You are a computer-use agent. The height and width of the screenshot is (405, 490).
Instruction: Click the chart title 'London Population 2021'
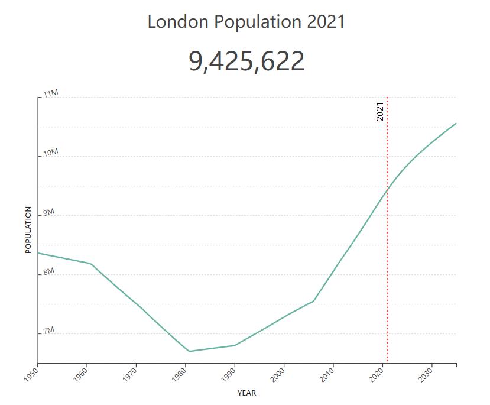click(246, 22)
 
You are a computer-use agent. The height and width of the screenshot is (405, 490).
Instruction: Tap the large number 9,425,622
click(246, 61)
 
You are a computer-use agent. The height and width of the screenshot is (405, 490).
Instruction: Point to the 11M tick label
click(51, 94)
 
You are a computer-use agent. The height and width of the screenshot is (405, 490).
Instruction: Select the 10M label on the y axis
click(51, 153)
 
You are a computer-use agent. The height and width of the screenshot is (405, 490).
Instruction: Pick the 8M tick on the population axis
click(48, 271)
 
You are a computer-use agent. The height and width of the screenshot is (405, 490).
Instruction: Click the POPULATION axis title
click(28, 230)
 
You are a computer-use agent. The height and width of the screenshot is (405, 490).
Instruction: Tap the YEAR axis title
click(246, 393)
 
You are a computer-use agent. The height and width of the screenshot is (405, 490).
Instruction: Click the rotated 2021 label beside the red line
click(380, 112)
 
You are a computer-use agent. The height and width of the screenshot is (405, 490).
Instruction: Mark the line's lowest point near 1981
click(189, 351)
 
